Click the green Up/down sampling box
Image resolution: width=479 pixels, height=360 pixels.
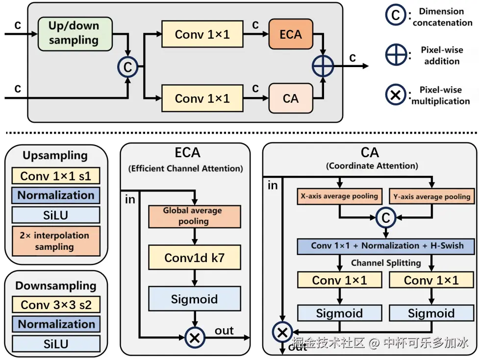75,34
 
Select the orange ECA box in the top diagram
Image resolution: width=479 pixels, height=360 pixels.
291,34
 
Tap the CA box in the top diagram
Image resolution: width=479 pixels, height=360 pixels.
291,98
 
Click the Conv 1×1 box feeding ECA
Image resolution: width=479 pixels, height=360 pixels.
202,34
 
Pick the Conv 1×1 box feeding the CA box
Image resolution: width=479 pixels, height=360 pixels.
202,98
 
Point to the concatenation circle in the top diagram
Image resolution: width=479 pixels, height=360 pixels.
127,67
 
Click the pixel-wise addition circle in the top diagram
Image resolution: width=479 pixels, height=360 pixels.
323,66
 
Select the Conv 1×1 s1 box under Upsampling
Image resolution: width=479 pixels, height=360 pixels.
56,176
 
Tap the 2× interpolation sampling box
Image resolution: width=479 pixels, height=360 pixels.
56,241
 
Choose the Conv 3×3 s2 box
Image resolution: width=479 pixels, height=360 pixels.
56,305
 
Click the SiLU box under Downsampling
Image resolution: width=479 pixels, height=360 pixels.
56,344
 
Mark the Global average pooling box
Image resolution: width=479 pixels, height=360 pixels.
195,216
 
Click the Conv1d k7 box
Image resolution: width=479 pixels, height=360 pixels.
195,257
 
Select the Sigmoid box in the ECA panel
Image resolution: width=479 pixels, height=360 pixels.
195,299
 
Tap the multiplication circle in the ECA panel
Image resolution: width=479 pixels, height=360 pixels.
195,337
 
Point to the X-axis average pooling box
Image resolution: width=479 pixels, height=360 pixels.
339,196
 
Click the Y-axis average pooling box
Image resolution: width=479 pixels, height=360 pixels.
431,196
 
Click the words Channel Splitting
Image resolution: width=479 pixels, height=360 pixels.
386,263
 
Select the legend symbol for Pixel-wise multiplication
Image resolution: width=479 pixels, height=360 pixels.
395,95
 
